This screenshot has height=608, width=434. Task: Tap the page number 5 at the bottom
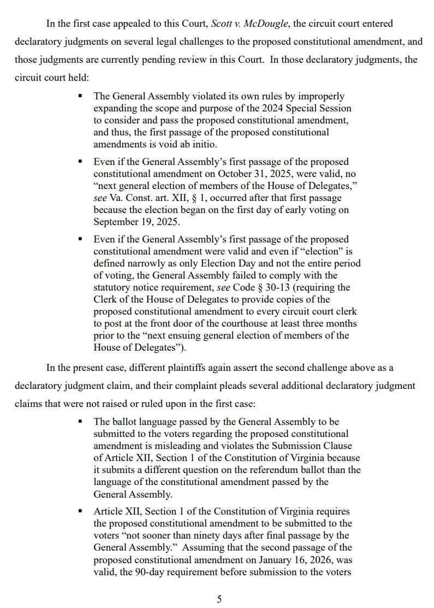219,599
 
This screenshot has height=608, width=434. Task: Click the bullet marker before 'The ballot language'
80,422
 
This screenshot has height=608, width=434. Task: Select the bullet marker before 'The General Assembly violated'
80,96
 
